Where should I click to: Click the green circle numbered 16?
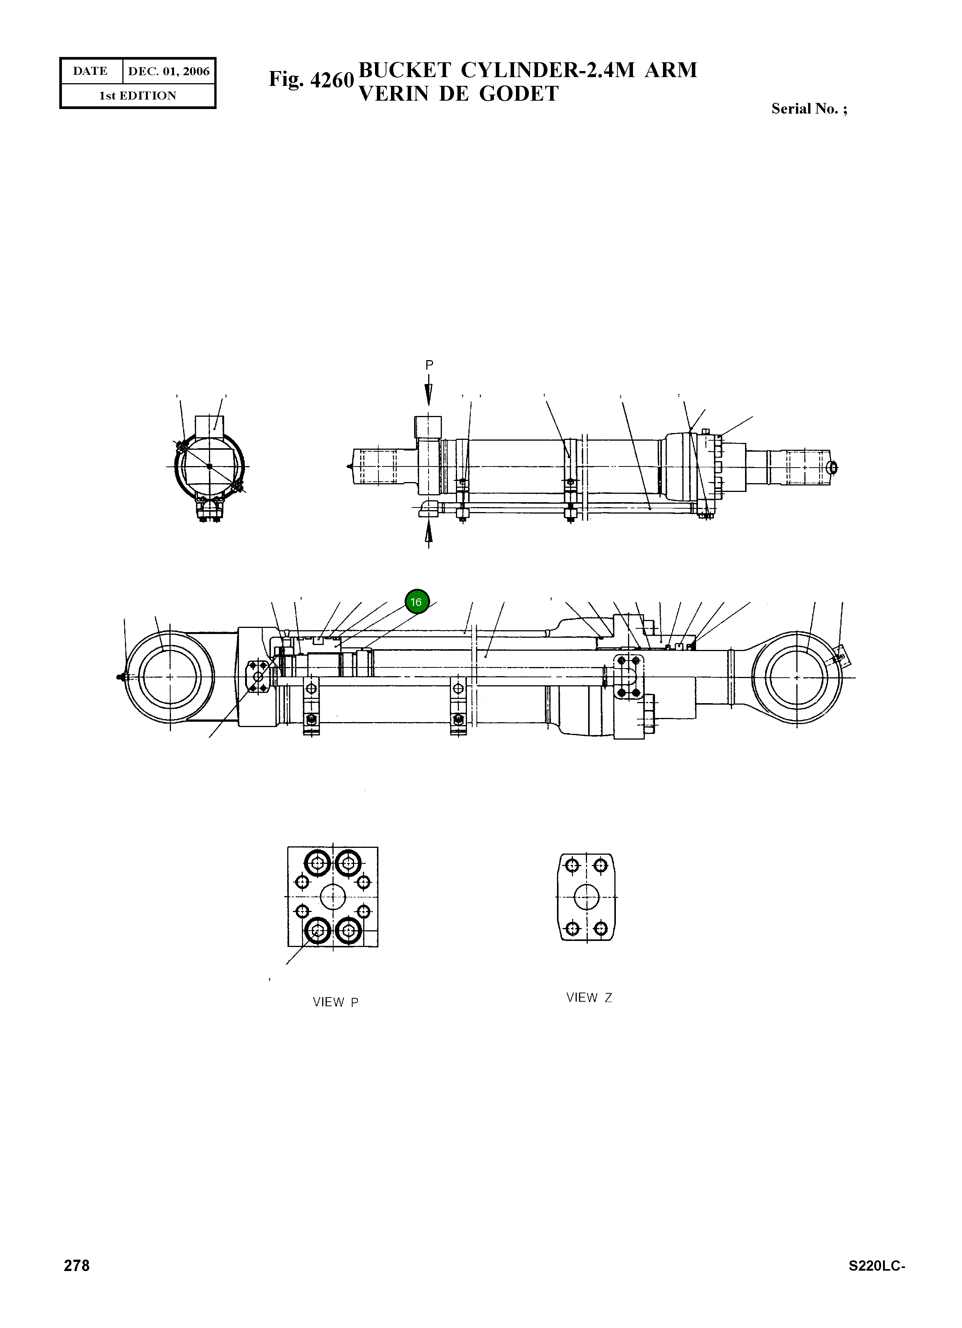(417, 602)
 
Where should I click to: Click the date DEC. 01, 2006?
(169, 71)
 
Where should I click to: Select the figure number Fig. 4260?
(311, 80)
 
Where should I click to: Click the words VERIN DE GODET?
(459, 94)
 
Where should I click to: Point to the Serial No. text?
(809, 109)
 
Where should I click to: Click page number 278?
(77, 1266)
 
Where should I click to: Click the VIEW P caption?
(335, 1002)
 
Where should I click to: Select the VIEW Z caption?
(589, 997)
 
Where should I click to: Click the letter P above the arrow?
(429, 365)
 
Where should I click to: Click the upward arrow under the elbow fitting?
(429, 533)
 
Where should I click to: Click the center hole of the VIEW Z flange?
(586, 897)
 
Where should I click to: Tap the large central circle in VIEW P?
(332, 896)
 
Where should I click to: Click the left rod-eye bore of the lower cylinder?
(170, 677)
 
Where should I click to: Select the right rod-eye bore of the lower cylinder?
(796, 677)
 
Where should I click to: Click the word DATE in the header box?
(90, 71)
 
